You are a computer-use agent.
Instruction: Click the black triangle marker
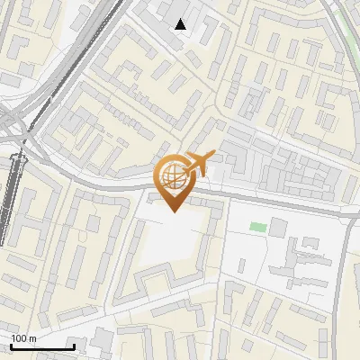pyautogui.click(x=181, y=24)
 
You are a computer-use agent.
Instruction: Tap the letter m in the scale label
pyautogui.click(x=34, y=338)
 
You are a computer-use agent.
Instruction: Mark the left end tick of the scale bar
pyautogui.click(x=11, y=345)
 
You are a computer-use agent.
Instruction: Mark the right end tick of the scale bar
pyautogui.click(x=74, y=345)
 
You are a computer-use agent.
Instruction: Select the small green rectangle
pyautogui.click(x=258, y=226)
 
